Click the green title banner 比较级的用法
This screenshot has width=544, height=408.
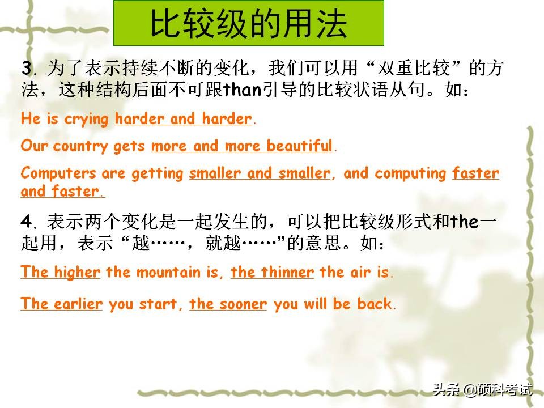(248, 23)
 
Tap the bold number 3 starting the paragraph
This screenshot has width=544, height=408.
(27, 67)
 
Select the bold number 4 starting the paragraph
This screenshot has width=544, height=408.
(27, 222)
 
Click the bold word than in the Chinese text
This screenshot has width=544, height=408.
(242, 90)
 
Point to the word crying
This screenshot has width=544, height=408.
(86, 120)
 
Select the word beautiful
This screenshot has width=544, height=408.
(299, 146)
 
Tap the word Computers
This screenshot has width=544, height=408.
(58, 173)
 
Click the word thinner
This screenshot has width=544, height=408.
(288, 272)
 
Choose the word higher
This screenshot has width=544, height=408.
(77, 273)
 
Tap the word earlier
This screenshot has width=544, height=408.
(78, 304)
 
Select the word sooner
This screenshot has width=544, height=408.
(243, 304)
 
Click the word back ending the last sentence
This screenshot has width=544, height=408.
(375, 304)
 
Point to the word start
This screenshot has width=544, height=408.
(158, 304)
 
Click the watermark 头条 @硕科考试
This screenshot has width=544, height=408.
(483, 389)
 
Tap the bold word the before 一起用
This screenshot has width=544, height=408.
(464, 222)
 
